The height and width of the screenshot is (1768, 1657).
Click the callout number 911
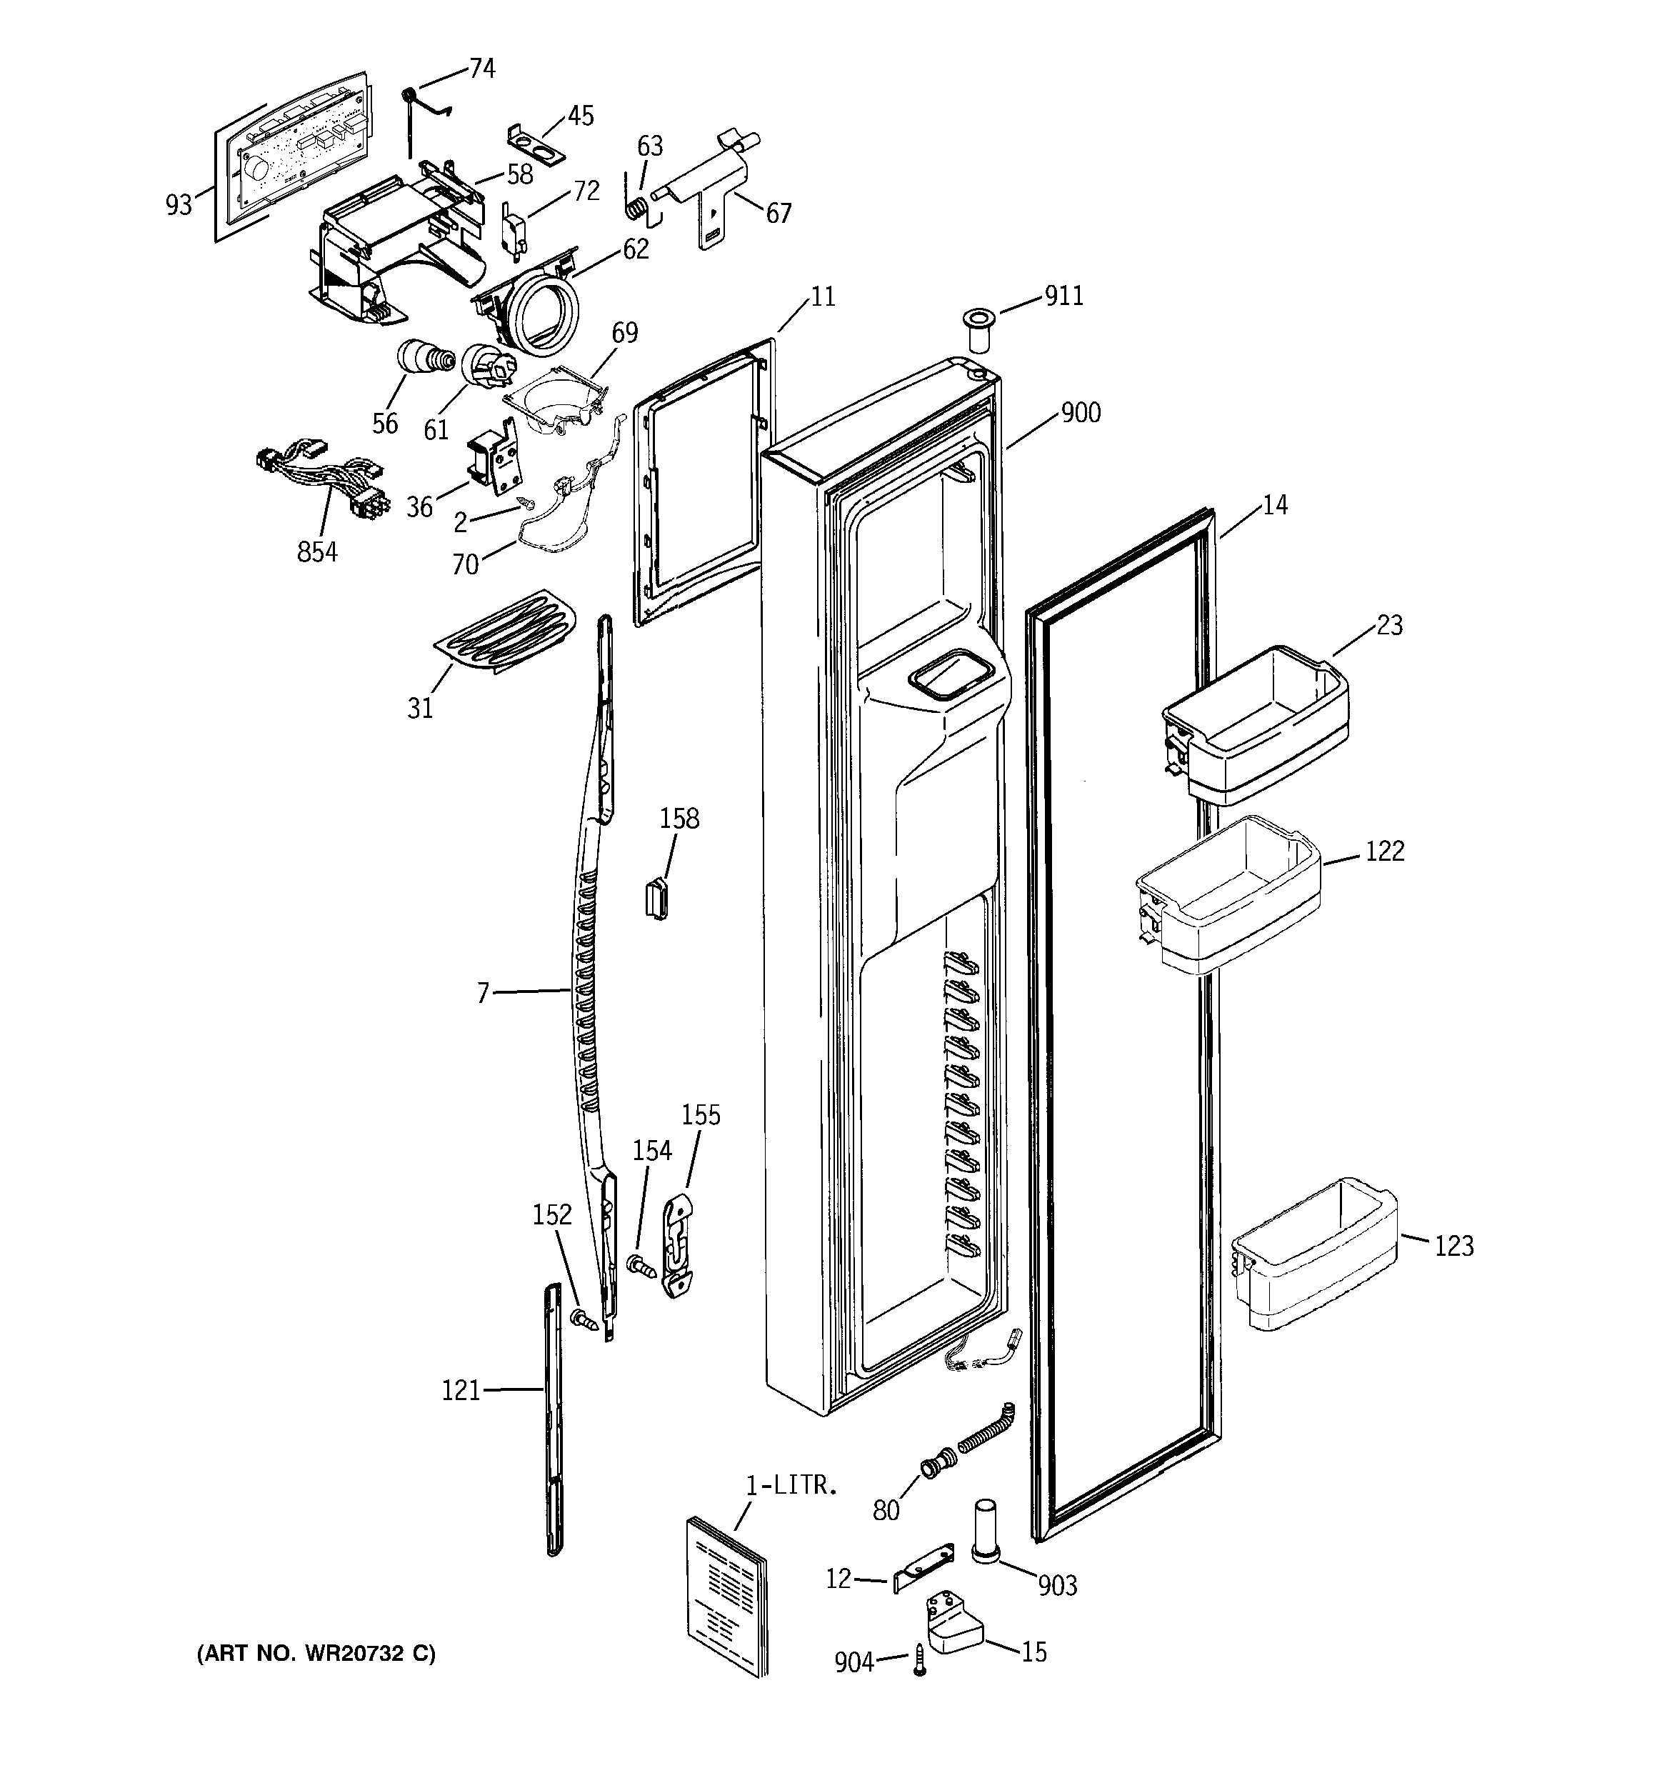pos(1063,296)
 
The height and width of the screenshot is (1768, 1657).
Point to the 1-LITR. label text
pos(791,1485)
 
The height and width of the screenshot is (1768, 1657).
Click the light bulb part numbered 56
pos(424,359)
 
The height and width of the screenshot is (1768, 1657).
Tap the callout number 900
pos(1081,413)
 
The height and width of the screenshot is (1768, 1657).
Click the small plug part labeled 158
pos(656,897)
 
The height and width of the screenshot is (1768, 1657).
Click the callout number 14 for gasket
pos(1275,505)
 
